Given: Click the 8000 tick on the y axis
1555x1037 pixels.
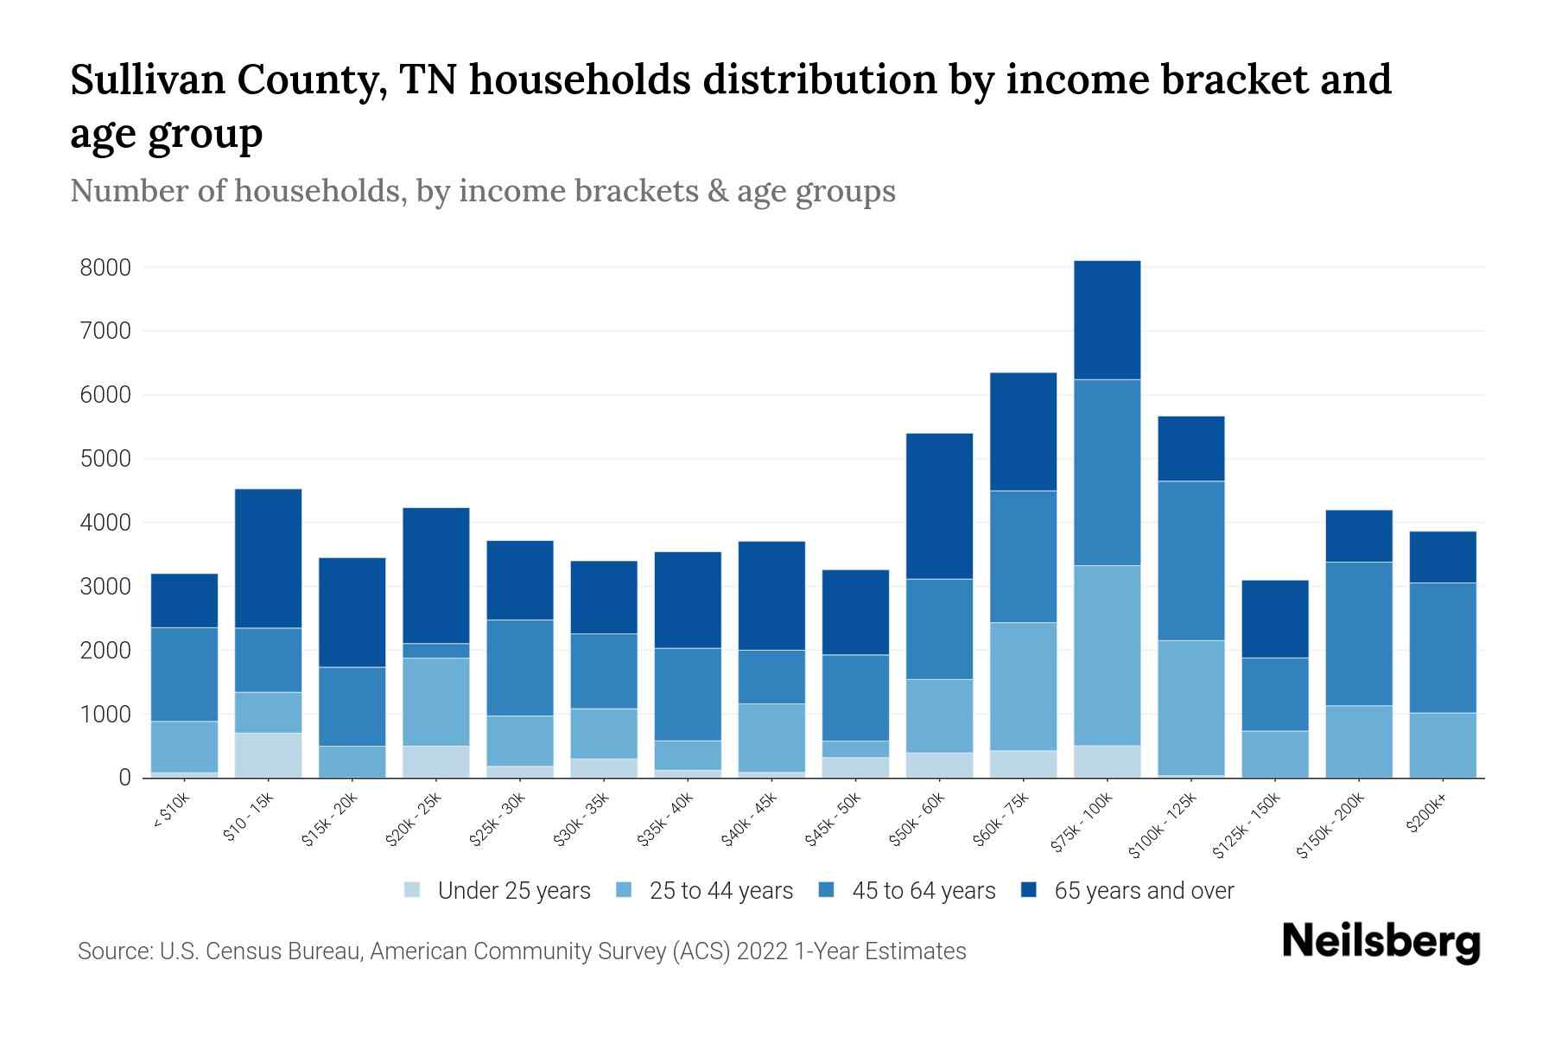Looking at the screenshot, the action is coord(105,268).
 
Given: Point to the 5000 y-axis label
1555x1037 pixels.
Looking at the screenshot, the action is coord(105,459).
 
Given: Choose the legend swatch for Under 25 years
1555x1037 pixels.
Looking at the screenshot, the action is coord(413,890).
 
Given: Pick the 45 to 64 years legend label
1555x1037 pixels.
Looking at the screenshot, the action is coord(923,891).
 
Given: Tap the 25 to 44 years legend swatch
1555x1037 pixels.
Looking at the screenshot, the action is coord(624,890).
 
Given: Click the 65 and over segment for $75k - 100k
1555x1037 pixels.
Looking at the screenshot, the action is coord(1108,320).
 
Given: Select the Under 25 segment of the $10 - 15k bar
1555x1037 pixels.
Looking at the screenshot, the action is coord(269,755).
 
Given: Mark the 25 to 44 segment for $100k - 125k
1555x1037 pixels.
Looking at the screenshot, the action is coord(1191,708).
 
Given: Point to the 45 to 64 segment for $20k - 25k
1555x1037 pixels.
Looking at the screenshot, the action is coord(436,651).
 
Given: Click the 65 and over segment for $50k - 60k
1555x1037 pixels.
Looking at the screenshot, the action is coord(940,506).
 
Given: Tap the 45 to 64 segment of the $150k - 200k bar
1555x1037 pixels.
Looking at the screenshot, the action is coord(1359,634).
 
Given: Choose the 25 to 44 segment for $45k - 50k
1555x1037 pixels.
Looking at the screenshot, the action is coord(856,749).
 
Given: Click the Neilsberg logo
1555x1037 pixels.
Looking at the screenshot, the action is coord(1381,942).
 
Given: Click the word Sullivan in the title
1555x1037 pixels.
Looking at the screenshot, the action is coord(147,80).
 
